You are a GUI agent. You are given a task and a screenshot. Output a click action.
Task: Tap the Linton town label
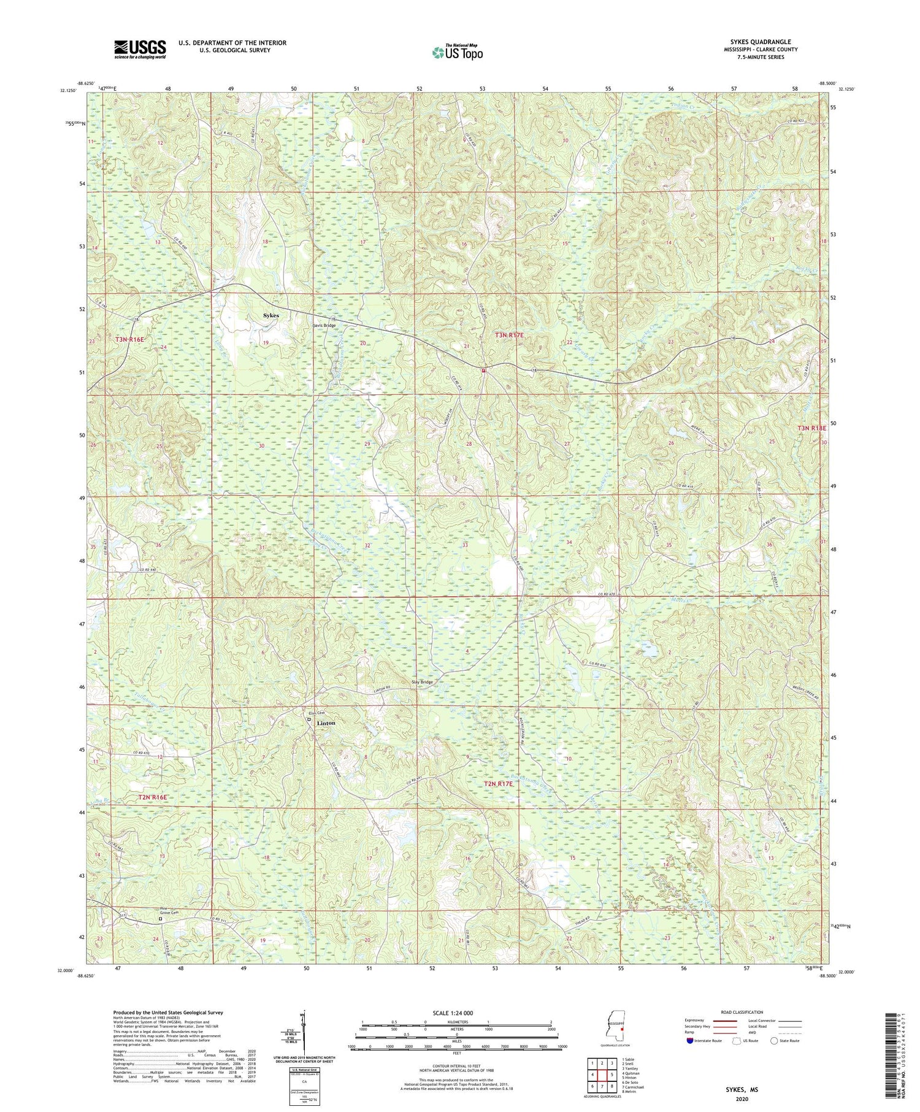(326, 723)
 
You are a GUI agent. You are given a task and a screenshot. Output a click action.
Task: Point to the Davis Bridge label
(324, 326)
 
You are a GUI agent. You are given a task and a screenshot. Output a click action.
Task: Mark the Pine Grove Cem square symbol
(161, 919)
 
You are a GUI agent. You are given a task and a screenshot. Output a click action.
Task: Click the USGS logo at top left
(140, 48)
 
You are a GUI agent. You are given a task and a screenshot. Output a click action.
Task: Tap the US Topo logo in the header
(457, 53)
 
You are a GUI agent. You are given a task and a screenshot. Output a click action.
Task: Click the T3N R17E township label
(513, 335)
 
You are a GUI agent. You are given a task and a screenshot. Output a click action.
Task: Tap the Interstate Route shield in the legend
(690, 1041)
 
